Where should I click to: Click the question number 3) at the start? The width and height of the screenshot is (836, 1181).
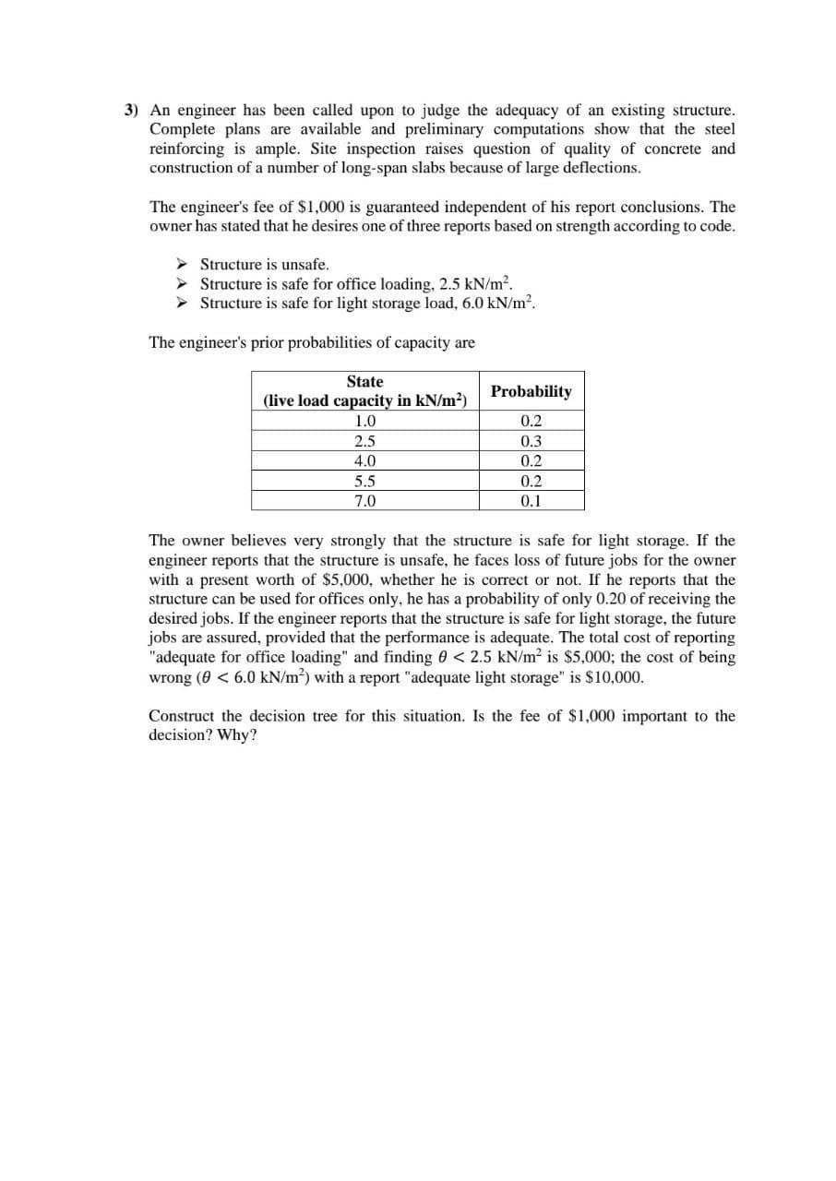coord(132,110)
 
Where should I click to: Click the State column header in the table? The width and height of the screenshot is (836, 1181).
coord(364,381)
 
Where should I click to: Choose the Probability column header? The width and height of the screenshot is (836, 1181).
coord(531,391)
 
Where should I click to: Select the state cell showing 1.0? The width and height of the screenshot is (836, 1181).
coord(364,422)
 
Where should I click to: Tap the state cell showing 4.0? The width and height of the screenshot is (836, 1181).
coord(364,461)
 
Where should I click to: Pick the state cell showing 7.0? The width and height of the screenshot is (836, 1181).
coord(364,501)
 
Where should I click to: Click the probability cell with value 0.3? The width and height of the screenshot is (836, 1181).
coord(531,442)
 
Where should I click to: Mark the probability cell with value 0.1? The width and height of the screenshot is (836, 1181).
coord(531,501)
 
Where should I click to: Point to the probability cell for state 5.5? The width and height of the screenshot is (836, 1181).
coord(531,482)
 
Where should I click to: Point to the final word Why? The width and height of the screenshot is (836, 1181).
coord(237,735)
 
